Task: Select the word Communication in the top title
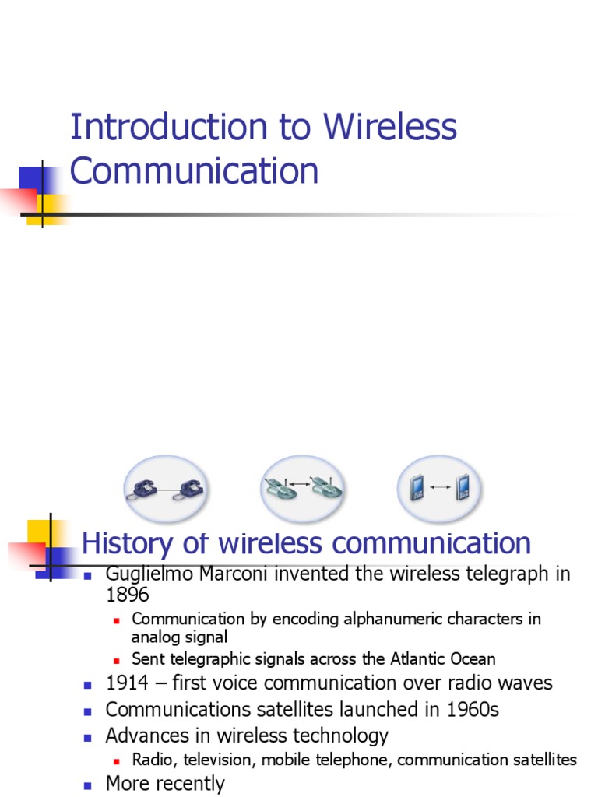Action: tap(194, 171)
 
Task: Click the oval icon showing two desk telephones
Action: tap(165, 489)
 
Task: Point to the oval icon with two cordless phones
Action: tap(301, 489)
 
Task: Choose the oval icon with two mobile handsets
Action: tap(440, 489)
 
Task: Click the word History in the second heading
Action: tap(127, 543)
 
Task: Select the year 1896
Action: tap(127, 595)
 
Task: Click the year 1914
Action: tap(127, 683)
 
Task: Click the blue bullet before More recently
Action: tap(88, 785)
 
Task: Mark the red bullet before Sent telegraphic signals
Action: tap(117, 660)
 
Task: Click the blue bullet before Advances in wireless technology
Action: tap(88, 736)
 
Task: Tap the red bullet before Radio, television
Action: tap(117, 760)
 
